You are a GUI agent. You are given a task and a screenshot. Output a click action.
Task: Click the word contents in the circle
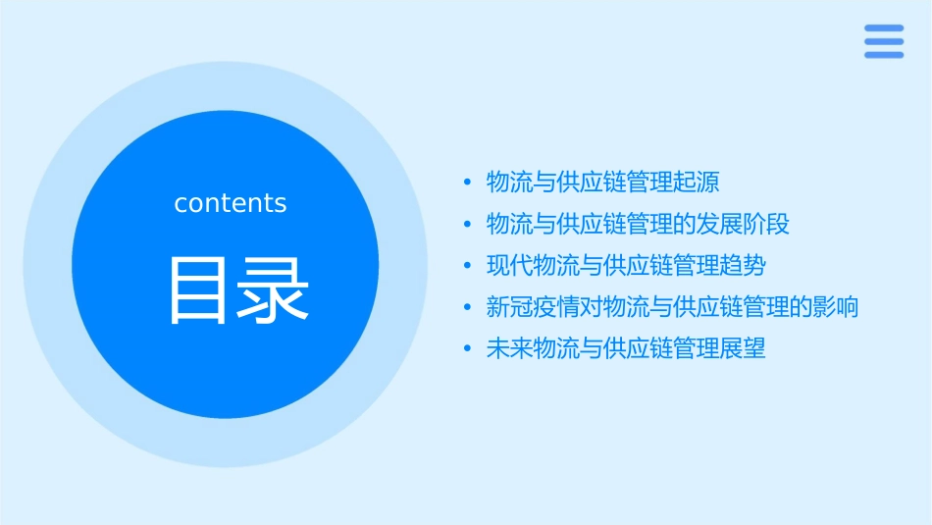point(231,203)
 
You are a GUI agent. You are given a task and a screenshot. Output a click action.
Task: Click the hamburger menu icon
point(883,41)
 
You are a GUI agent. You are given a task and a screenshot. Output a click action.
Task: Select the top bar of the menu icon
point(883,27)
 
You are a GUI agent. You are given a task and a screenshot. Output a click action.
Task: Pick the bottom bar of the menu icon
point(883,55)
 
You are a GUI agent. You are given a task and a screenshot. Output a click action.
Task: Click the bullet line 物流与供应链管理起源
point(602,182)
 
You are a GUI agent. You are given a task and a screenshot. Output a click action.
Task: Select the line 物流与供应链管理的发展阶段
point(638,224)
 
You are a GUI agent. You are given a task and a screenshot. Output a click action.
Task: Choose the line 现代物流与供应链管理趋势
point(626,265)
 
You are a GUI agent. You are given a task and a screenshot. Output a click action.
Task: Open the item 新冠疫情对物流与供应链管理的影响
point(672,307)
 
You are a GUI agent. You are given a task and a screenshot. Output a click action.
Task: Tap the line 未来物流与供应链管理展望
point(626,348)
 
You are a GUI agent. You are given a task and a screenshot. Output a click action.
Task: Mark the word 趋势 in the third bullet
point(743,265)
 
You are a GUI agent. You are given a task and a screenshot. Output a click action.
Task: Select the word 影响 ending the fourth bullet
point(836,307)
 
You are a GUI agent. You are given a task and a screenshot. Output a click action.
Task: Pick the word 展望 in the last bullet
point(743,348)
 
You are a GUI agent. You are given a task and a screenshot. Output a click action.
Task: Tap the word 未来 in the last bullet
point(509,348)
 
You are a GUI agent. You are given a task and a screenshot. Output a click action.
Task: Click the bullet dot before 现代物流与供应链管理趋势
point(467,266)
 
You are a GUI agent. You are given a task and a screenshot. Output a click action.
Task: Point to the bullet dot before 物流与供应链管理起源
point(467,183)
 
